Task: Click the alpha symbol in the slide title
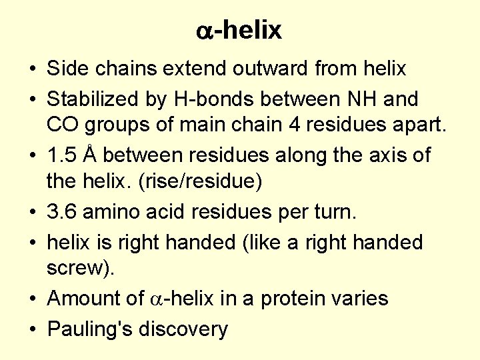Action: (205, 31)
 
